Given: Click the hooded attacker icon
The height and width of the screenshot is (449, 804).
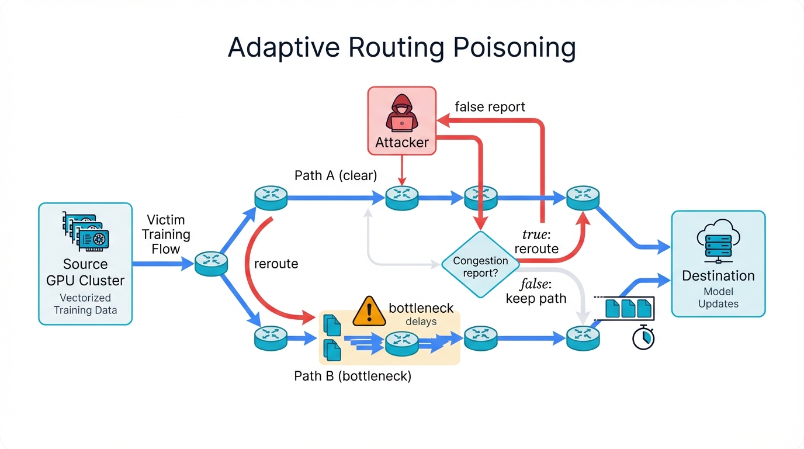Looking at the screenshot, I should (401, 115).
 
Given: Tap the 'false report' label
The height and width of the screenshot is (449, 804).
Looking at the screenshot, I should (490, 107).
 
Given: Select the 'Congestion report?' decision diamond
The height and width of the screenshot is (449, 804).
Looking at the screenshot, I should (480, 267).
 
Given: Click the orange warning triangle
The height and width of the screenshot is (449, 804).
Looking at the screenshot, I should (369, 310).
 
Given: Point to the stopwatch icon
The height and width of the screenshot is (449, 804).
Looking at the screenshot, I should (643, 338).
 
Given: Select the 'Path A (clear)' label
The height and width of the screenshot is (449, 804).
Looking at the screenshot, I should (335, 175).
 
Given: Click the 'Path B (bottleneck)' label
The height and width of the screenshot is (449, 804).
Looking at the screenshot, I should (352, 376).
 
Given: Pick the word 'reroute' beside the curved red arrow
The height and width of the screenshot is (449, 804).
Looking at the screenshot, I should (276, 264).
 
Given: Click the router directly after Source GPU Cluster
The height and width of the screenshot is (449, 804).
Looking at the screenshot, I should (211, 263).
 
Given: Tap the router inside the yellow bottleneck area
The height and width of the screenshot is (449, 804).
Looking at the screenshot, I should (402, 342).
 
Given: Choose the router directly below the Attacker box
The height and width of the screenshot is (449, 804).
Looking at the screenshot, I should (402, 197).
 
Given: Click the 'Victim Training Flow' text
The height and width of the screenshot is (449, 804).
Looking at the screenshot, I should (166, 234).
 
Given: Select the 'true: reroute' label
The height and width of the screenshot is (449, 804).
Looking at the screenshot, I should (536, 242).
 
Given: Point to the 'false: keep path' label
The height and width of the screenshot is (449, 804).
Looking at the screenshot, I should (536, 292).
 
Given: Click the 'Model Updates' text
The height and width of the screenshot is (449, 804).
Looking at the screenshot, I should (718, 298).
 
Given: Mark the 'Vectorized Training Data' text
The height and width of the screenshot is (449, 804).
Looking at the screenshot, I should (85, 304).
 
